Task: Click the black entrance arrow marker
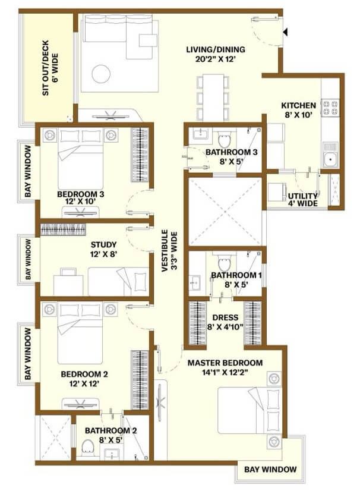[285, 32]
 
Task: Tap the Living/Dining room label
[215, 54]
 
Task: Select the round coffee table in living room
[101, 74]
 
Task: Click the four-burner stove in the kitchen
[330, 107]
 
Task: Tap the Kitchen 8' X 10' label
[299, 110]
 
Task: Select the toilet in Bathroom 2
[87, 448]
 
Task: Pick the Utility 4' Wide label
[303, 200]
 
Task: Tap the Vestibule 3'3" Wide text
[169, 251]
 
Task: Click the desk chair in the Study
[68, 272]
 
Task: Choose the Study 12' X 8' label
[103, 249]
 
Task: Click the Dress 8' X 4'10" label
[225, 322]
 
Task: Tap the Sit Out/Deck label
[50, 68]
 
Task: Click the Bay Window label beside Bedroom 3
[28, 171]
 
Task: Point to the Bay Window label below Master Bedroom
[270, 469]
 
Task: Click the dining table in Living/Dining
[213, 97]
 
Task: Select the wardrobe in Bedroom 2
[140, 380]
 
